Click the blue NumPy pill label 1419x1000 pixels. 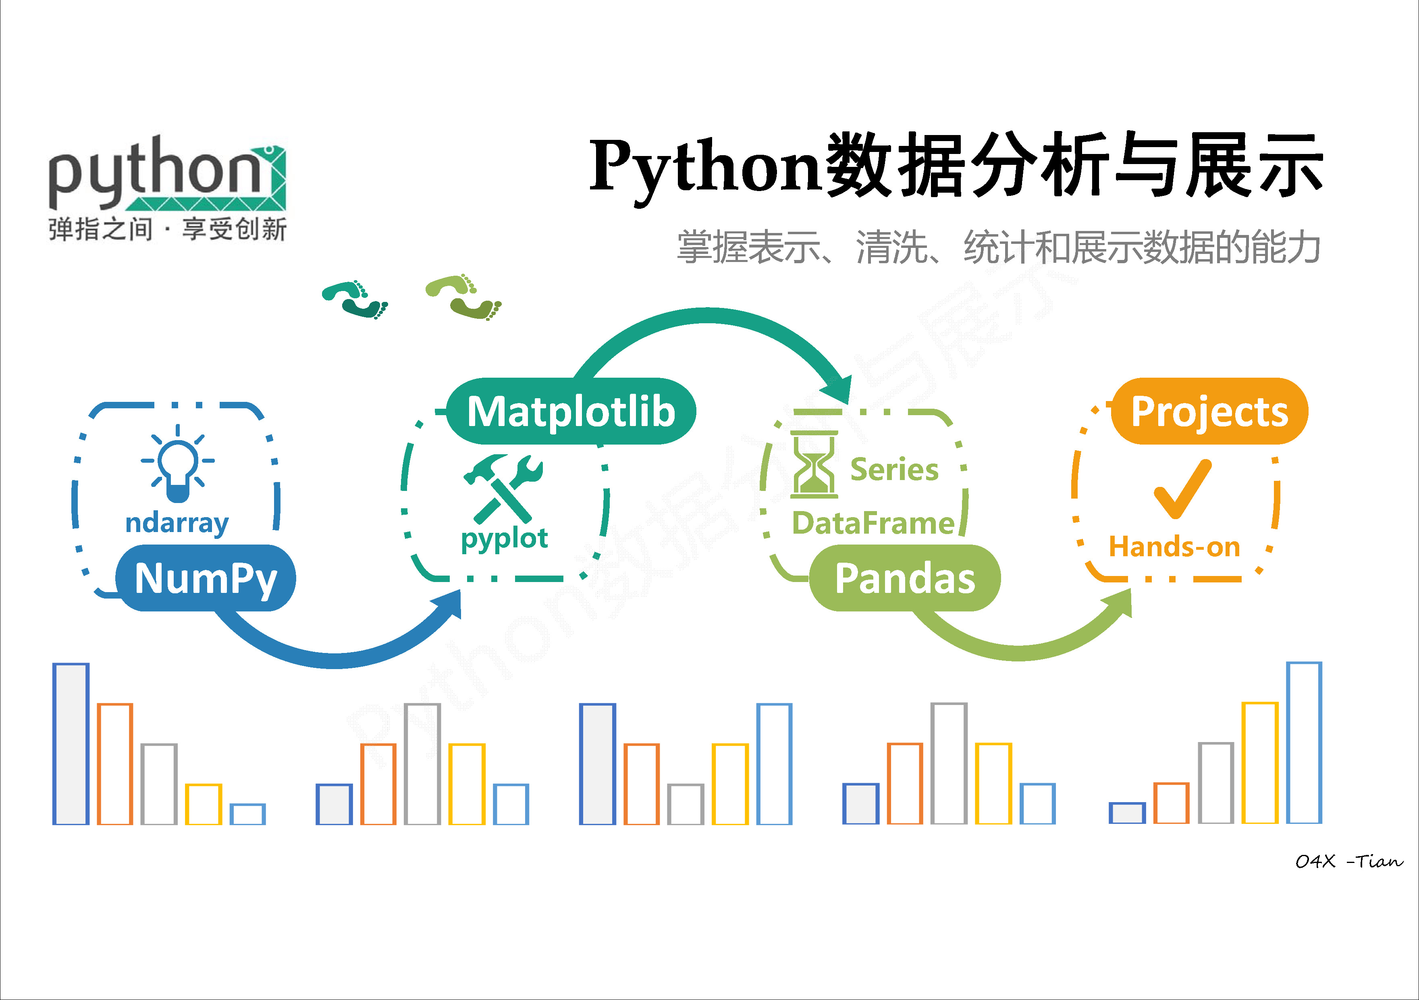(206, 578)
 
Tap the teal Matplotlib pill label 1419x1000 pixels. (571, 412)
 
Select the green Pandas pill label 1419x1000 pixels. (905, 578)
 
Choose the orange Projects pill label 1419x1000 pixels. (1209, 412)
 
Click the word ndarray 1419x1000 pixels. (177, 523)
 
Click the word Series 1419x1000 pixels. (894, 470)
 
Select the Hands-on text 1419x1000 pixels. (1174, 547)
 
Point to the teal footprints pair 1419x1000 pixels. (355, 299)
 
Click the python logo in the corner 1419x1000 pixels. (167, 185)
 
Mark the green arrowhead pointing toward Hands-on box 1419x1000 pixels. (1120, 603)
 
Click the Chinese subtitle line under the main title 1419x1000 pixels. (998, 247)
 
